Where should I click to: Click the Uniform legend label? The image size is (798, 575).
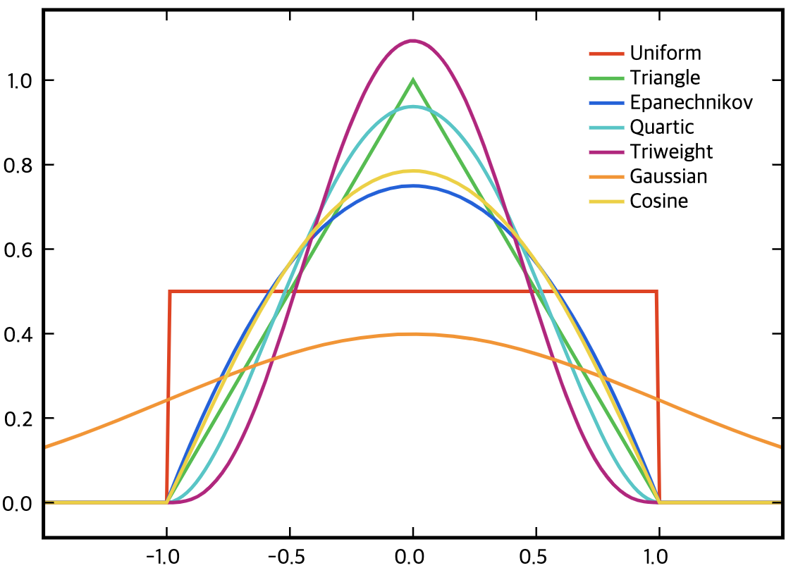pyautogui.click(x=665, y=53)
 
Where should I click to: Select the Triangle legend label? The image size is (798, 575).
pyautogui.click(x=665, y=78)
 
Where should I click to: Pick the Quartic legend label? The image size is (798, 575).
pyautogui.click(x=661, y=127)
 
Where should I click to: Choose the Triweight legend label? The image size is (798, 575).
pyautogui.click(x=671, y=152)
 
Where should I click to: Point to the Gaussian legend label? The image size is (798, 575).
pyautogui.click(x=668, y=176)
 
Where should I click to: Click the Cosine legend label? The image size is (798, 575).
pyautogui.click(x=658, y=201)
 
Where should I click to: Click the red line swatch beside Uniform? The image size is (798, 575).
pyautogui.click(x=606, y=53)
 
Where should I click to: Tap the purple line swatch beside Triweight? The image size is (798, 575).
pyautogui.click(x=606, y=152)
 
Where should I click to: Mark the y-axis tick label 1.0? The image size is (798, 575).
pyautogui.click(x=18, y=80)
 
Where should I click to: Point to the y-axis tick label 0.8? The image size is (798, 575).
pyautogui.click(x=18, y=165)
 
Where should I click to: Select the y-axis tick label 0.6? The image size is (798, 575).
pyautogui.click(x=18, y=249)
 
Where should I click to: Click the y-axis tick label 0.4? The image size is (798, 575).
pyautogui.click(x=18, y=334)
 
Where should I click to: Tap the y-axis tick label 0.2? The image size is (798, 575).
pyautogui.click(x=18, y=419)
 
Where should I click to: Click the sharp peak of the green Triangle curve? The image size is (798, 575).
pyautogui.click(x=413, y=80)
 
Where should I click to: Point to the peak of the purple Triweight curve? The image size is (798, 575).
pyautogui.click(x=413, y=41)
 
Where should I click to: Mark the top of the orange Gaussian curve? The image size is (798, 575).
pyautogui.click(x=413, y=334)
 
